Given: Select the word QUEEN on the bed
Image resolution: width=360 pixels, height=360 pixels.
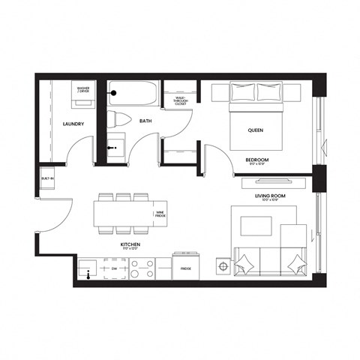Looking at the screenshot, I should (256, 129).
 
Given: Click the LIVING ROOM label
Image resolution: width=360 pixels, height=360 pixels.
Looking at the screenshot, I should (266, 196).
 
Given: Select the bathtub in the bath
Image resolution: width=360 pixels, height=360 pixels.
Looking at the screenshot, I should (132, 95).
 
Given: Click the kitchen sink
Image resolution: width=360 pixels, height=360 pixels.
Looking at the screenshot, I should (89, 268).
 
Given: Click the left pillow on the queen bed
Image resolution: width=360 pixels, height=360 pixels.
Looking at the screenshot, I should (244, 92).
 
